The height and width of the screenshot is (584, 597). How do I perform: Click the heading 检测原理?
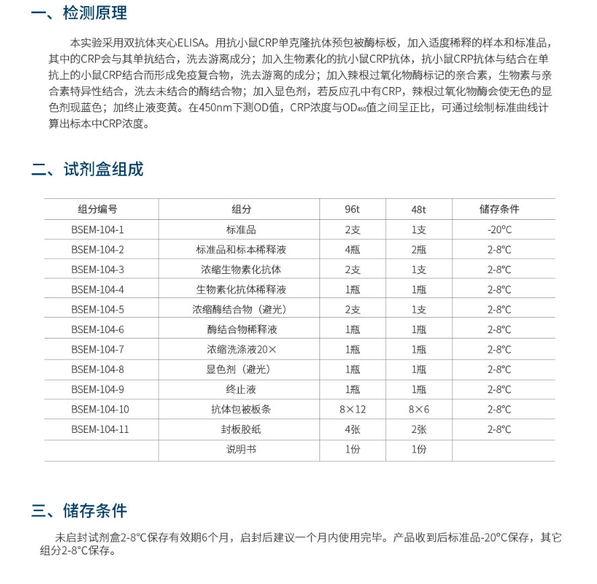94,13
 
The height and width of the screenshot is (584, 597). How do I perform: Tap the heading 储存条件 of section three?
94,510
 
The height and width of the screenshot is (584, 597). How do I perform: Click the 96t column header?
352,209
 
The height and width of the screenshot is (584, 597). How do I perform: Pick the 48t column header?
418,209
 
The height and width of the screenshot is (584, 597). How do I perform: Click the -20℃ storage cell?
499,229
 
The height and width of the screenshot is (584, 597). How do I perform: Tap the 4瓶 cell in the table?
352,250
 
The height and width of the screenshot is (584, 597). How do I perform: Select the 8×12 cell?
352,409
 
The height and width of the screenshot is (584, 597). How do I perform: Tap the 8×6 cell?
418,409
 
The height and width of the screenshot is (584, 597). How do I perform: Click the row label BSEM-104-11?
100,429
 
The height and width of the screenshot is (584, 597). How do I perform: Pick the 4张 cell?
352,429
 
